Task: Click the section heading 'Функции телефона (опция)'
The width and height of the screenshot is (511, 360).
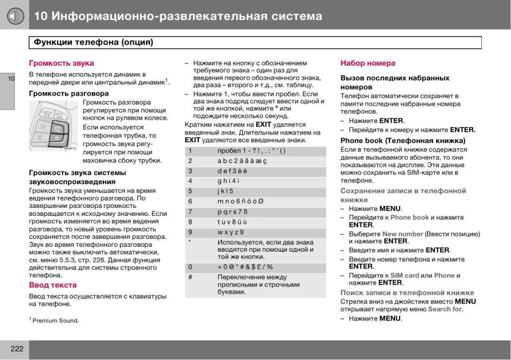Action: tap(92, 43)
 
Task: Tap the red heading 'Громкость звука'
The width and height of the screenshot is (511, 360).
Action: tap(61, 63)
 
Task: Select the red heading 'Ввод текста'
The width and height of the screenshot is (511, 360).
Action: tap(53, 285)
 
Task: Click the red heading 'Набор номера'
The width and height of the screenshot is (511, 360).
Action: tap(367, 63)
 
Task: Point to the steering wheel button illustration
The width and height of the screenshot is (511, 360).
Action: tap(54, 126)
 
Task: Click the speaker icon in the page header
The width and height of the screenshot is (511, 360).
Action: tap(13, 15)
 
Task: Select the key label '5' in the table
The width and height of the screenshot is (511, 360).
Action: tap(190, 191)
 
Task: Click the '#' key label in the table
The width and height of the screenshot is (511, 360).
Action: tap(190, 277)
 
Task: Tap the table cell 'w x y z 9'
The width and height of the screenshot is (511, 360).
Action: tap(231, 232)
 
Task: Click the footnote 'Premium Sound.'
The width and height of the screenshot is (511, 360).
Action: tap(55, 320)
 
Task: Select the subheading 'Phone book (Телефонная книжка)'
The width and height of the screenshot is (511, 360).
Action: tap(403, 140)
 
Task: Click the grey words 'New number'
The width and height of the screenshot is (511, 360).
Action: tap(402, 234)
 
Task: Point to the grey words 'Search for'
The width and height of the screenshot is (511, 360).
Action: tap(445, 309)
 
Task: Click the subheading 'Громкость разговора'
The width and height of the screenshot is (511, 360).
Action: tap(69, 94)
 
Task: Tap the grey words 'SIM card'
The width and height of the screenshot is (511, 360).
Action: tap(403, 275)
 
